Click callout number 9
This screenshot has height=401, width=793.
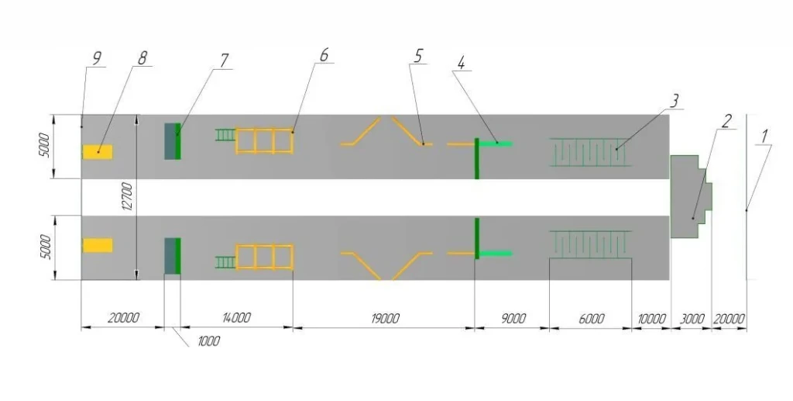[x=97, y=59]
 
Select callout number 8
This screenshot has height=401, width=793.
[x=142, y=58]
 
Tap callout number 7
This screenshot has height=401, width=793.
[x=224, y=60]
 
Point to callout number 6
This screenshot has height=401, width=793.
[x=324, y=54]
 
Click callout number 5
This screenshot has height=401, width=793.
[x=417, y=56]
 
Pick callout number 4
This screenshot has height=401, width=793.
[x=462, y=63]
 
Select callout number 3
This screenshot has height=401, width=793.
[x=674, y=101]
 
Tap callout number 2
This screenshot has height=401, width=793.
[x=726, y=122]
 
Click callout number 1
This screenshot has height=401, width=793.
[x=764, y=136]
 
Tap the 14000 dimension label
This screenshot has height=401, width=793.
[x=236, y=319]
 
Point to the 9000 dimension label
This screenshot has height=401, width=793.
[x=513, y=319]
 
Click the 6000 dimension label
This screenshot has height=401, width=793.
[x=591, y=319]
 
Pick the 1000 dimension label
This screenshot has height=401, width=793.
[x=208, y=341]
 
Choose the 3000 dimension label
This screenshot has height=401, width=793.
[x=692, y=319]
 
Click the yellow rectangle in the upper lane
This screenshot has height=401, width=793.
[x=98, y=152]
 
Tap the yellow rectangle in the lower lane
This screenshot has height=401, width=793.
[x=98, y=246]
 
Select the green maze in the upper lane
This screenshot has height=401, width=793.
[x=590, y=152]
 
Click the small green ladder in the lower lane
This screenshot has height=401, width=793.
[x=225, y=262]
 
